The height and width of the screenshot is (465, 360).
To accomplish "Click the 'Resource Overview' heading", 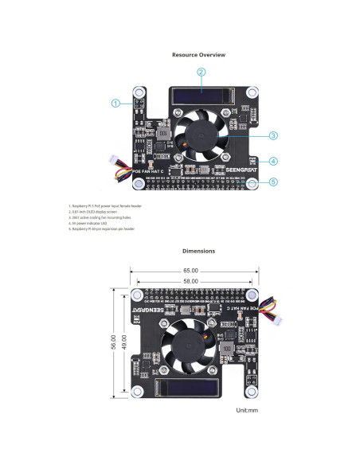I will click(198, 55).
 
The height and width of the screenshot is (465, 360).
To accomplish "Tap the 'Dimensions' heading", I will click(198, 251).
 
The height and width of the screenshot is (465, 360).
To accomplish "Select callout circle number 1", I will click(115, 103).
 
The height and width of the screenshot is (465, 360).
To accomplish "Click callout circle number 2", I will click(202, 72).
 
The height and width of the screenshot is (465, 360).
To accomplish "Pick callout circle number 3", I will click(272, 135).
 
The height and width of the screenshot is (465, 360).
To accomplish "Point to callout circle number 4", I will click(273, 161).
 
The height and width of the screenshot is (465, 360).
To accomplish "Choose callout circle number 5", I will click(273, 182).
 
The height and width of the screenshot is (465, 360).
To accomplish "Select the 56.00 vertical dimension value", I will click(114, 342).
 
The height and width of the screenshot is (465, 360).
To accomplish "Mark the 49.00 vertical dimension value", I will click(126, 342).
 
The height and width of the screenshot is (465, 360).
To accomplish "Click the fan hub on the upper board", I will click(195, 138).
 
